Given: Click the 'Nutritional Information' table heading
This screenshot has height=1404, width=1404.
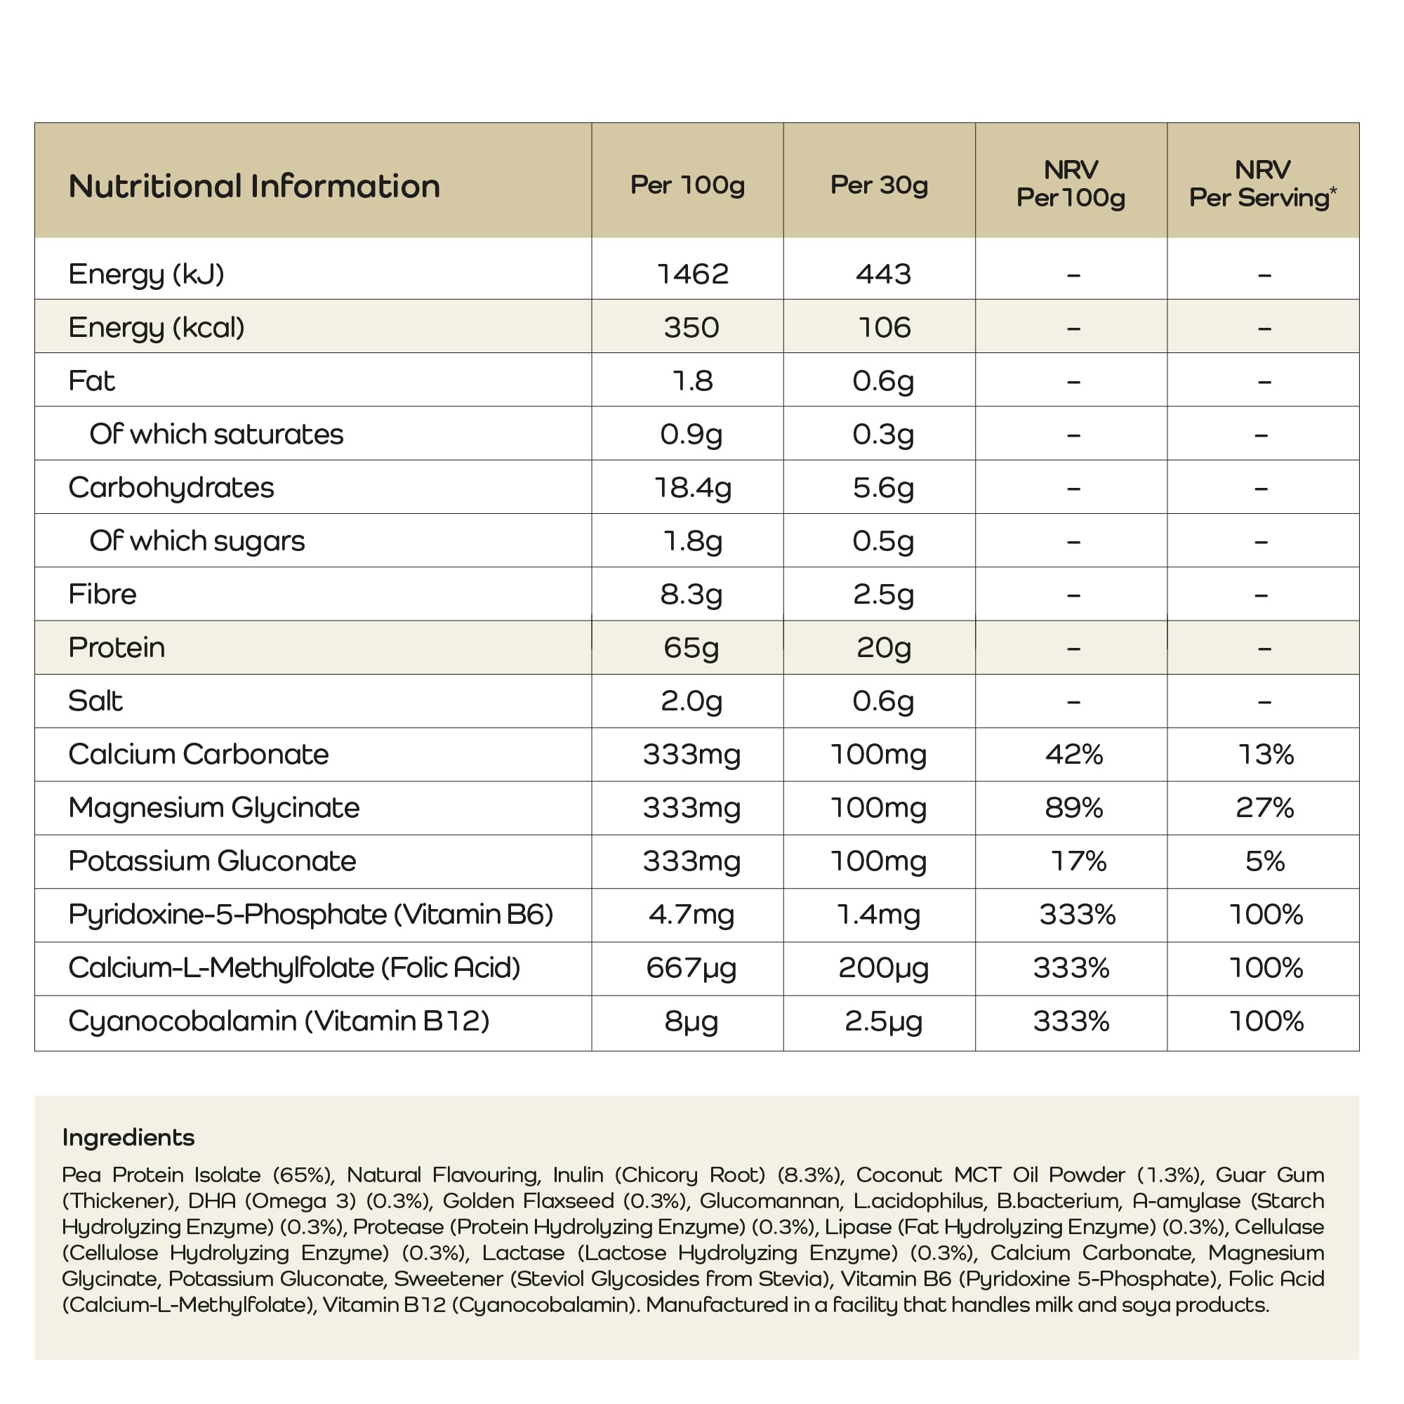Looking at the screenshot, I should click(253, 186).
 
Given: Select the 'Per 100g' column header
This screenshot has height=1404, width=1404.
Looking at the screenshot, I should click(687, 185).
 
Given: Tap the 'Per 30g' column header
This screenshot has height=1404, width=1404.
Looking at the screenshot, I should click(879, 185).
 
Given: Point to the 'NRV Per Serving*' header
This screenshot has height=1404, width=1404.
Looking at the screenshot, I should click(1262, 184).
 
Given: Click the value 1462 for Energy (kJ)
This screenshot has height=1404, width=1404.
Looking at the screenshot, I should click(692, 274).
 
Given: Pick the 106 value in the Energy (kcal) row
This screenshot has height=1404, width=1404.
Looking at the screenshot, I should click(884, 328).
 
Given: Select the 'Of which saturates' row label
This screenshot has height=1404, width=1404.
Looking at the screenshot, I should click(216, 434).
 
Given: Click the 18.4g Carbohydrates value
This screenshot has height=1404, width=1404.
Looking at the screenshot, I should click(692, 487).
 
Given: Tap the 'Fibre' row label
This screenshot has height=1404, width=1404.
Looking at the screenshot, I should click(102, 594).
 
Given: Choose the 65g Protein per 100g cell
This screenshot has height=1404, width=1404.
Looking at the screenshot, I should click(690, 647).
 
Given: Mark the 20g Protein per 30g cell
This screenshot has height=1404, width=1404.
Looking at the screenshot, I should click(883, 647).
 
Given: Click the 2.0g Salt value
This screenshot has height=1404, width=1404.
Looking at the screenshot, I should click(691, 701).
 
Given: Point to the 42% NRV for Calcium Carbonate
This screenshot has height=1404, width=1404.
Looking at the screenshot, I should click(1073, 755).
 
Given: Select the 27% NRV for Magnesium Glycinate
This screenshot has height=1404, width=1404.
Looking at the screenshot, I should click(1264, 807).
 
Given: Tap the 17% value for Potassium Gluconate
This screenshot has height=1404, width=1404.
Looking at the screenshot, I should click(1078, 861).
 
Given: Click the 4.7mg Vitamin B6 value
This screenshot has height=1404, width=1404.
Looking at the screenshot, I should click(691, 914).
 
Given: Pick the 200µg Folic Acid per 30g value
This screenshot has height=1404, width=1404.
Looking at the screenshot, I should click(883, 968).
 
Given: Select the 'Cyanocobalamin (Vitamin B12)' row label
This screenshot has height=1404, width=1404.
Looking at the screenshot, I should click(278, 1021).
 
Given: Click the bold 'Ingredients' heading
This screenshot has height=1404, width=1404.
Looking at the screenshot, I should click(128, 1137).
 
